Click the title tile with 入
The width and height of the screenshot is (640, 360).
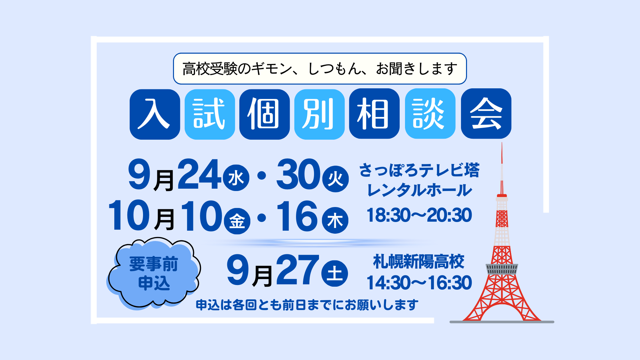155,114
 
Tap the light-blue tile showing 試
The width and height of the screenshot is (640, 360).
210,114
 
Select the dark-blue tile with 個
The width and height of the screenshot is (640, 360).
264,114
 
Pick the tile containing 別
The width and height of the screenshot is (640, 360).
319,114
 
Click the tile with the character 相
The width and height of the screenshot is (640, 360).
374,114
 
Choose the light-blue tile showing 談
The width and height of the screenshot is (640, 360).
430,114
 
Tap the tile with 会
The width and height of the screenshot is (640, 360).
486,114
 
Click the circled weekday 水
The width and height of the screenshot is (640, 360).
236,178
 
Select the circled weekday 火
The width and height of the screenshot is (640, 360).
335,179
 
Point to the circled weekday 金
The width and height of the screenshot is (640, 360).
237,221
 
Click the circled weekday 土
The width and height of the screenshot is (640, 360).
335,273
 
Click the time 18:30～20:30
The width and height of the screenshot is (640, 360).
419,215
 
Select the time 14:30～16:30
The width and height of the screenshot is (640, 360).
419,283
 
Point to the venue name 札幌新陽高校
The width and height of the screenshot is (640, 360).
419,261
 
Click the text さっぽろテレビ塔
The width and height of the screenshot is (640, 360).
419,170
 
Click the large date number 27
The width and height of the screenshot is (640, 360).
298,270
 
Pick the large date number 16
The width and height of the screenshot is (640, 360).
297,216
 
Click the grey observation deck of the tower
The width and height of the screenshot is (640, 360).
502,269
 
